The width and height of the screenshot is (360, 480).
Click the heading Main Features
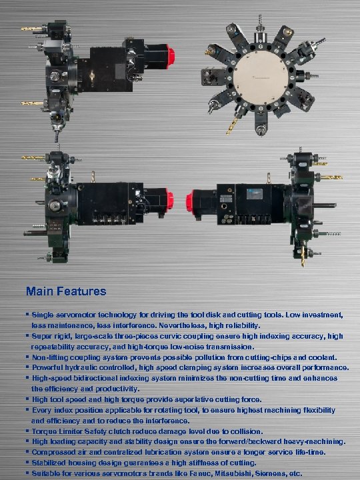coord(66,291)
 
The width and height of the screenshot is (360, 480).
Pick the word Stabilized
coord(53,463)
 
